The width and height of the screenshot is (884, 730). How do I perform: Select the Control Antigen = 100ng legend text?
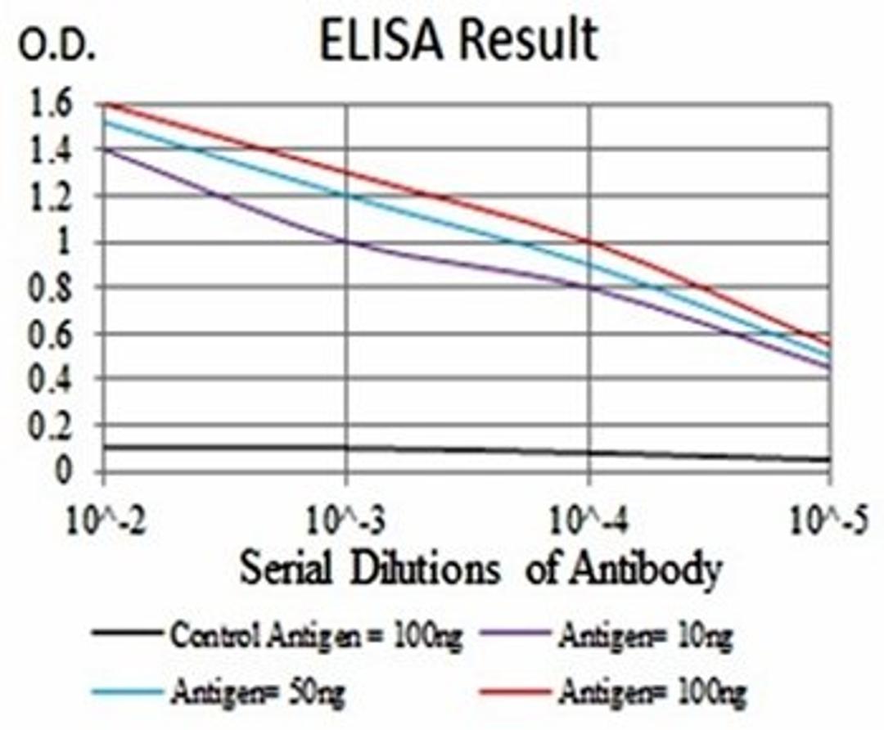point(315,634)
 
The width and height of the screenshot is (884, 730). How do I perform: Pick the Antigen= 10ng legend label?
point(647,634)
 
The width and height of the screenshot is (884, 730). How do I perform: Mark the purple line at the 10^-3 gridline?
point(346,242)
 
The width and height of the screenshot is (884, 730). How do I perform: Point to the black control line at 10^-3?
point(346,448)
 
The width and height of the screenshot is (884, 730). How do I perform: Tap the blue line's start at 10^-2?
point(105,122)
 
